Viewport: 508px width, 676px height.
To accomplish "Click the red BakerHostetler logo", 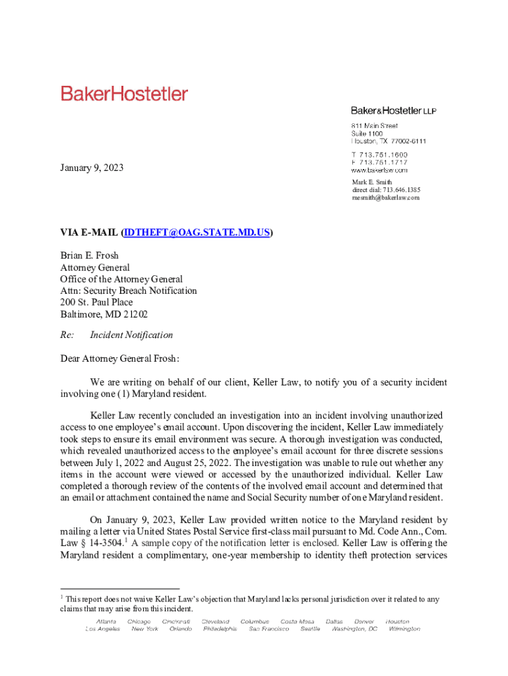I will click(125, 94).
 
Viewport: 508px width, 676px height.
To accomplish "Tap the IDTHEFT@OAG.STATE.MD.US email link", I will click(197, 232).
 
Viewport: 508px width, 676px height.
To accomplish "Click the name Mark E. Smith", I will click(371, 182).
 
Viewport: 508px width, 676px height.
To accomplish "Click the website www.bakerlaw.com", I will click(379, 170).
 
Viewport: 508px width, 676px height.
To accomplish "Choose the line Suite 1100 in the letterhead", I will click(366, 133).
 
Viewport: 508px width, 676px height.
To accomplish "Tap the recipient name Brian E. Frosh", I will click(90, 255).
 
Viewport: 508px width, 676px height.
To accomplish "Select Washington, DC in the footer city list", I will click(354, 629).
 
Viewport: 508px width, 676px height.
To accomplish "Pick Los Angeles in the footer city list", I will click(103, 629).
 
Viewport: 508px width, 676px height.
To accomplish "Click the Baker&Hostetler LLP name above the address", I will click(393, 110).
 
